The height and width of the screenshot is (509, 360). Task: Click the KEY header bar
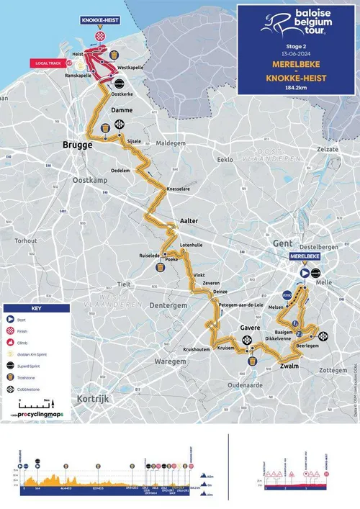click(36, 307)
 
